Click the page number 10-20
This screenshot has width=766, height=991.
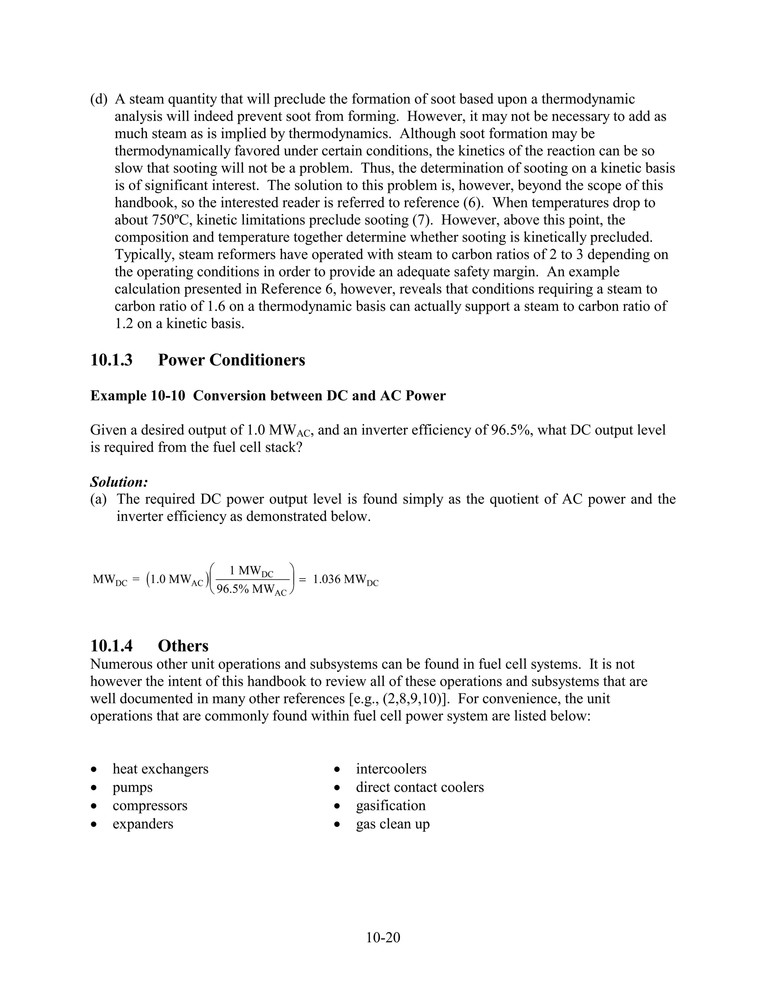click(x=383, y=937)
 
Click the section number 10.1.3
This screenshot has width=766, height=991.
click(x=111, y=360)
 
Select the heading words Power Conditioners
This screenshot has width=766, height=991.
click(x=232, y=360)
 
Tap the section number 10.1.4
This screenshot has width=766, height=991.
click(x=111, y=646)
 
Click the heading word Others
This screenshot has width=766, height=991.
click(x=183, y=646)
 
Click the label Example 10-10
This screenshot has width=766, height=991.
click(x=138, y=396)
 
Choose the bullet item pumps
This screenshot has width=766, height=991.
click(x=132, y=787)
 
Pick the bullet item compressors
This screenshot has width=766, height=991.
click(x=150, y=806)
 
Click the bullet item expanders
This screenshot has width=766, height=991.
click(x=143, y=823)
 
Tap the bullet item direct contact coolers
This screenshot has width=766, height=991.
click(x=420, y=787)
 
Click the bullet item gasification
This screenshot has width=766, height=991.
click(x=391, y=806)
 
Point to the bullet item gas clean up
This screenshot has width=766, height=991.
click(x=392, y=823)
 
